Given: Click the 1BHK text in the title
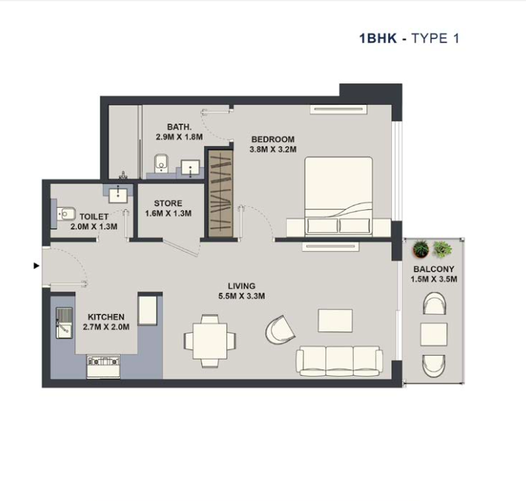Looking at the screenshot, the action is pos(378,38).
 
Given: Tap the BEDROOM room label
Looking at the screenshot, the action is pos(273,139).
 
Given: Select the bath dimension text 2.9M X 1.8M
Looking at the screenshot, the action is pos(179,137).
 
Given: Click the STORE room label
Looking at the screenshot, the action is pos(168,203).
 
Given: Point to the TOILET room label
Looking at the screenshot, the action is pos(94,217).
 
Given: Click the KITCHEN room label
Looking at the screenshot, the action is pos(106,316).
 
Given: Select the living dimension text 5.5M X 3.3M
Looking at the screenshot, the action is pos(241,296).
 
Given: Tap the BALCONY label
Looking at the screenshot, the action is pos(434,269).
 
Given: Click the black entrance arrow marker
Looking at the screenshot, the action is pos(37,266).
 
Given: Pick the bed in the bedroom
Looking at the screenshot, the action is pos(338,195).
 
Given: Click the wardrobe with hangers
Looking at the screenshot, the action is pos(220,194).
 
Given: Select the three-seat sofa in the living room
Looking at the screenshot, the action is pos(339,361).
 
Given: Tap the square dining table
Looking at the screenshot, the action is pos(209,341).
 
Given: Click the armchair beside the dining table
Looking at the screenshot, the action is pos(280,330).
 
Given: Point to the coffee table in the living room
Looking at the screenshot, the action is pos(335,321).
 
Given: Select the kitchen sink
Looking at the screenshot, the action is pos(64,324).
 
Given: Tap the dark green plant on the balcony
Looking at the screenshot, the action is pos(421,249).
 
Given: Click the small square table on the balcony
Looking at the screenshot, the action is pos(434,334).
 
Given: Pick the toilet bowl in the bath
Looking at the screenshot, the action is pos(162,163).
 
